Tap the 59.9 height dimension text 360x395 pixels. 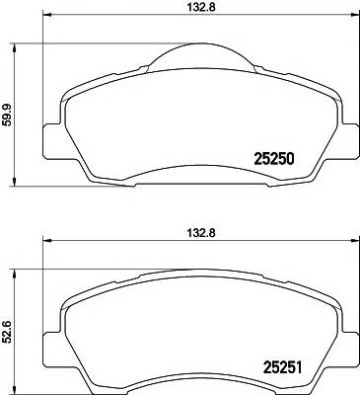tap(11, 115)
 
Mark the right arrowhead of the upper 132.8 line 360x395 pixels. tap(352, 22)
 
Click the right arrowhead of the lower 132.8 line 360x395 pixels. tap(352, 247)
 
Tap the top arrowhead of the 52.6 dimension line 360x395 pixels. tap(11, 271)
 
